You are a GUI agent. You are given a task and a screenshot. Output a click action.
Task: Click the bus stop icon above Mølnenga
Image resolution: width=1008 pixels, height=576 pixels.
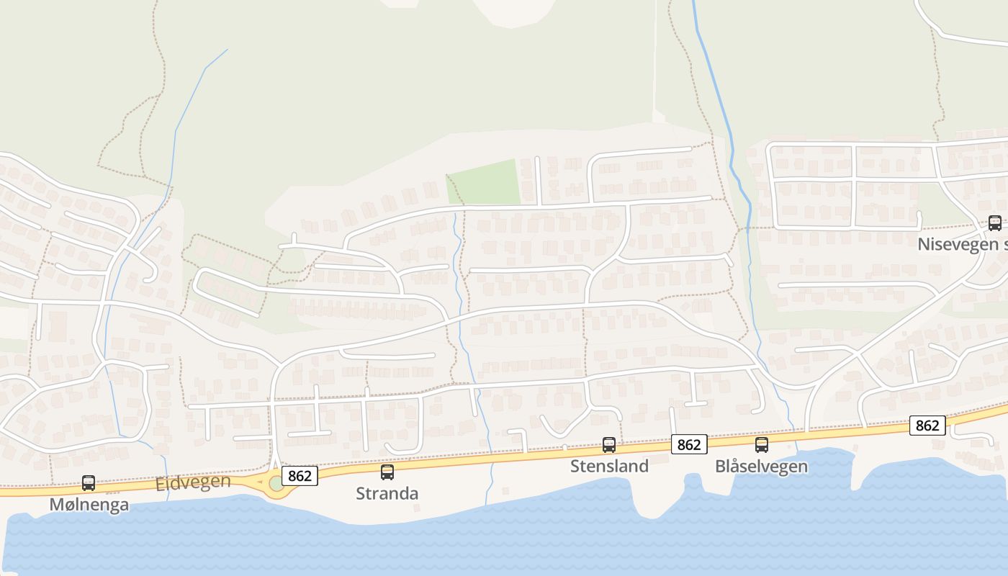89,483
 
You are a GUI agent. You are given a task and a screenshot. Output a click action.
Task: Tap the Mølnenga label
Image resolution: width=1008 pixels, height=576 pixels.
89,505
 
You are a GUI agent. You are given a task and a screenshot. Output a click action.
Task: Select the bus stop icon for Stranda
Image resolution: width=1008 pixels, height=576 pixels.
387,472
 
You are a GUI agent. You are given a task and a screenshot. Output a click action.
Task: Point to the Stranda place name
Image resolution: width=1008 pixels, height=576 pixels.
387,494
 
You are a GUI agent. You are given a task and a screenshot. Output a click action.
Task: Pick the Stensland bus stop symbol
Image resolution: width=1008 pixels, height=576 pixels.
609,445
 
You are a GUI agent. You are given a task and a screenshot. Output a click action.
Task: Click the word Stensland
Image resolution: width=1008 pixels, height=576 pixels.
609,467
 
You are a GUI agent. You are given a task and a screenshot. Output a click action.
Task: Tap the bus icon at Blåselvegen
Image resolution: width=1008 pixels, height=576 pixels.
762,445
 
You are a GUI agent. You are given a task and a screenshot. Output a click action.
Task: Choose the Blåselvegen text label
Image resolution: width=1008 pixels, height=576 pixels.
762,467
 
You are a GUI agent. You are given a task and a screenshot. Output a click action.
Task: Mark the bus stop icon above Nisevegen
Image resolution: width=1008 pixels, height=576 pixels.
995,223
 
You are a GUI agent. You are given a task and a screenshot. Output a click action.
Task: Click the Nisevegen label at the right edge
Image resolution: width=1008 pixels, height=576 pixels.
962,245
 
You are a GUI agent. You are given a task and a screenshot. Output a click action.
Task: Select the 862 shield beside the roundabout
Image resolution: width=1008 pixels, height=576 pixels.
300,475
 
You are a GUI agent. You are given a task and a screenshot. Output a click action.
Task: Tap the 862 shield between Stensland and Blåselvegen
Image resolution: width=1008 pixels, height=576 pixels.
689,444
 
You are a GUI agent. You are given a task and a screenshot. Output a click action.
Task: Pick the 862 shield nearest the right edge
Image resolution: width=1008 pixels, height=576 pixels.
927,426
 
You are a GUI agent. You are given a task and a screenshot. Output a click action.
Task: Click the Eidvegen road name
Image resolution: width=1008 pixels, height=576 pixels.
193,483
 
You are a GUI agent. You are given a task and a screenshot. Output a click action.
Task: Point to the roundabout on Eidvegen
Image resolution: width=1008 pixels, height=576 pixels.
277,484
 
